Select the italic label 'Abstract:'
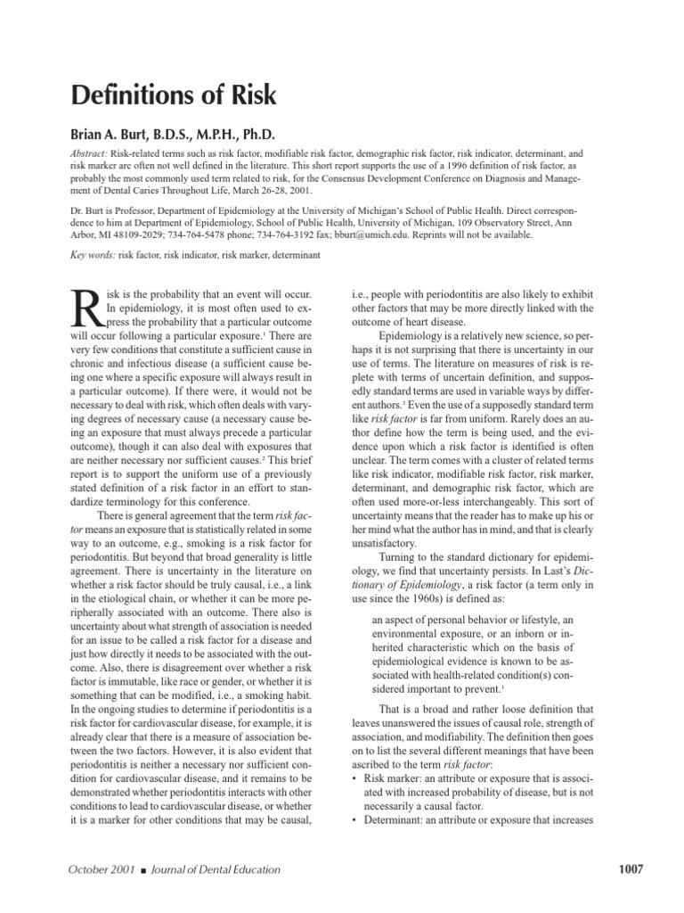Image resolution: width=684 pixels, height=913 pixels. click(x=92, y=153)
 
